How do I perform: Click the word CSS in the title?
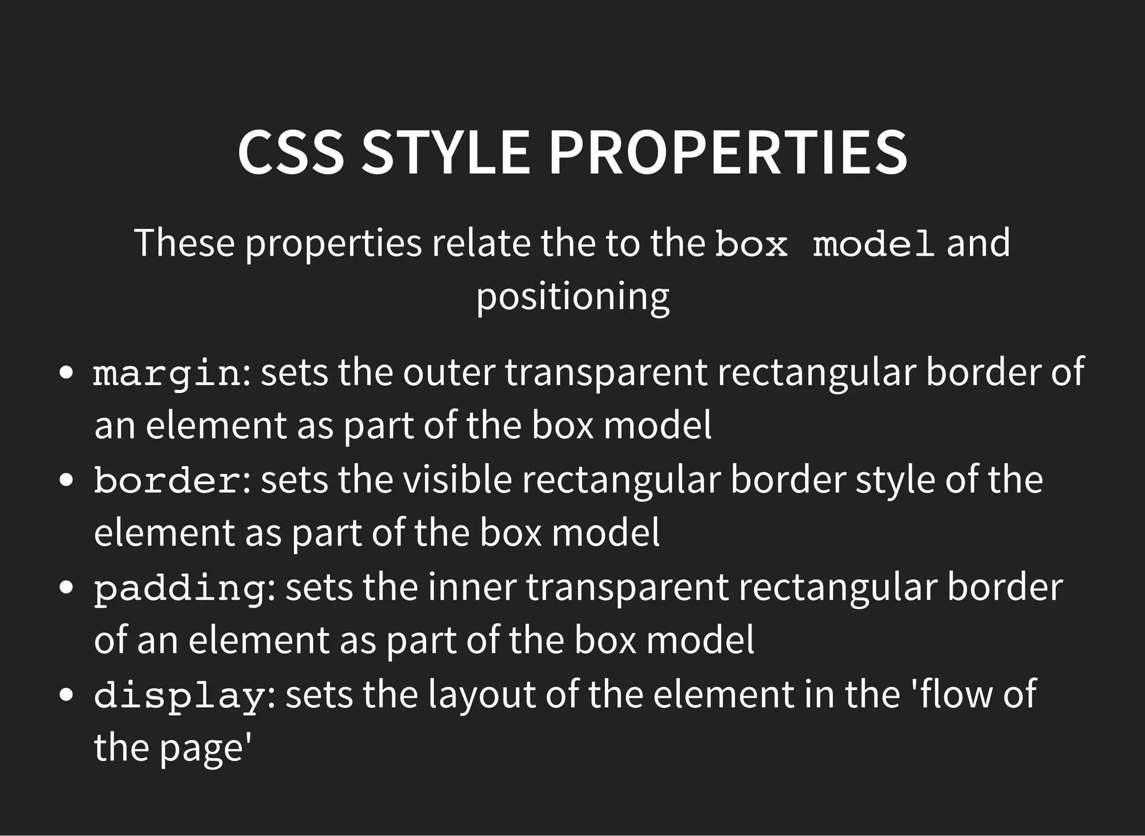click(291, 153)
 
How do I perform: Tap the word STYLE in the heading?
click(446, 153)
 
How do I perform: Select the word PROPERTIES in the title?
click(728, 153)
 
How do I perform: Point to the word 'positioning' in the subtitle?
click(572, 297)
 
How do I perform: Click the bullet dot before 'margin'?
click(67, 373)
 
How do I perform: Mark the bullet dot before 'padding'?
click(67, 588)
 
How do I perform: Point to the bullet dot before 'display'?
click(67, 695)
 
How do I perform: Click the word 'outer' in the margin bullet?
click(449, 373)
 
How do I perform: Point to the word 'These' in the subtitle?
click(184, 243)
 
